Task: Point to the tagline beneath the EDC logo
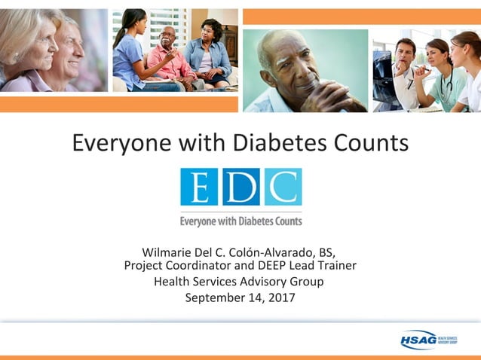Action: tap(240, 221)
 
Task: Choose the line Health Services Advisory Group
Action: tap(239, 282)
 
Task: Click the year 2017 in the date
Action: tap(280, 297)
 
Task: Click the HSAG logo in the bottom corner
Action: tap(428, 340)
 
